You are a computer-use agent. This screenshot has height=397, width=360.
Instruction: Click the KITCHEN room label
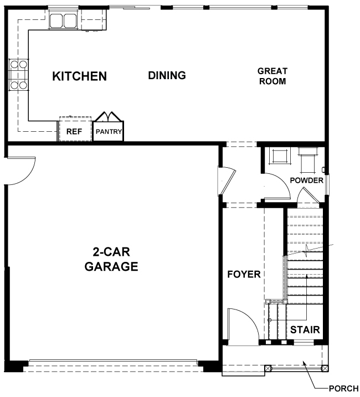pyautogui.click(x=80, y=76)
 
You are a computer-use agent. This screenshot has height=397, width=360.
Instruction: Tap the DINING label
pyautogui.click(x=167, y=75)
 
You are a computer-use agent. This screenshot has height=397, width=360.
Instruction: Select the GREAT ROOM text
pyautogui.click(x=272, y=76)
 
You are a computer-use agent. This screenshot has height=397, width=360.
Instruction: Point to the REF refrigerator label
pyautogui.click(x=74, y=131)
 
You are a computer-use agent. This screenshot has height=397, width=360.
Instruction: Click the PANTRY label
pyautogui.click(x=109, y=132)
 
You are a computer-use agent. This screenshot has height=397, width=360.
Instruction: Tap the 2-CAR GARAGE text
pyautogui.click(x=111, y=259)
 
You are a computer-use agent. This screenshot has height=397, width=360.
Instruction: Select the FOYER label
pyautogui.click(x=244, y=274)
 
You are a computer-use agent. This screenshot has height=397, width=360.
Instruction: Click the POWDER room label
pyautogui.click(x=306, y=181)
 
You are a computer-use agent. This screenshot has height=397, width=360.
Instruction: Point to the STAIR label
pyautogui.click(x=305, y=329)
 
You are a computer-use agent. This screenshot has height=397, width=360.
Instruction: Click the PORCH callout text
pyautogui.click(x=343, y=388)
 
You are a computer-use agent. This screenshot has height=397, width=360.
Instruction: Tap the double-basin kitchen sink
pyautogui.click(x=63, y=20)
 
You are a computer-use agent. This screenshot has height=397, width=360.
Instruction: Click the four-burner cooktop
pyautogui.click(x=19, y=75)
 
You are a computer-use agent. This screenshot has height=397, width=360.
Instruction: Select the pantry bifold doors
pyautogui.click(x=109, y=117)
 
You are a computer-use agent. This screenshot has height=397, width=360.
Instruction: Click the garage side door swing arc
pyautogui.click(x=26, y=176)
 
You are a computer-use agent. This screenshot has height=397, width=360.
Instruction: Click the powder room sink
pyautogui.click(x=280, y=156)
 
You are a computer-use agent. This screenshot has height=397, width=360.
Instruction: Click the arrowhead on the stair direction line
pyautogui.click(x=306, y=276)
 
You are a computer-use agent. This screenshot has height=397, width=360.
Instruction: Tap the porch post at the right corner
pyautogui.click(x=325, y=368)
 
